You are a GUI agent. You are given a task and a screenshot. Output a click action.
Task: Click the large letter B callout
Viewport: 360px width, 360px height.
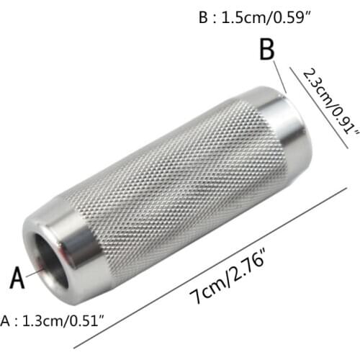267,49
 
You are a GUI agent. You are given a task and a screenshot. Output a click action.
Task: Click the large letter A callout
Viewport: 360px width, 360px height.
17,277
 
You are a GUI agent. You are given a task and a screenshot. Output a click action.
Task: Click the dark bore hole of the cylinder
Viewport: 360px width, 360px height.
51,260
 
